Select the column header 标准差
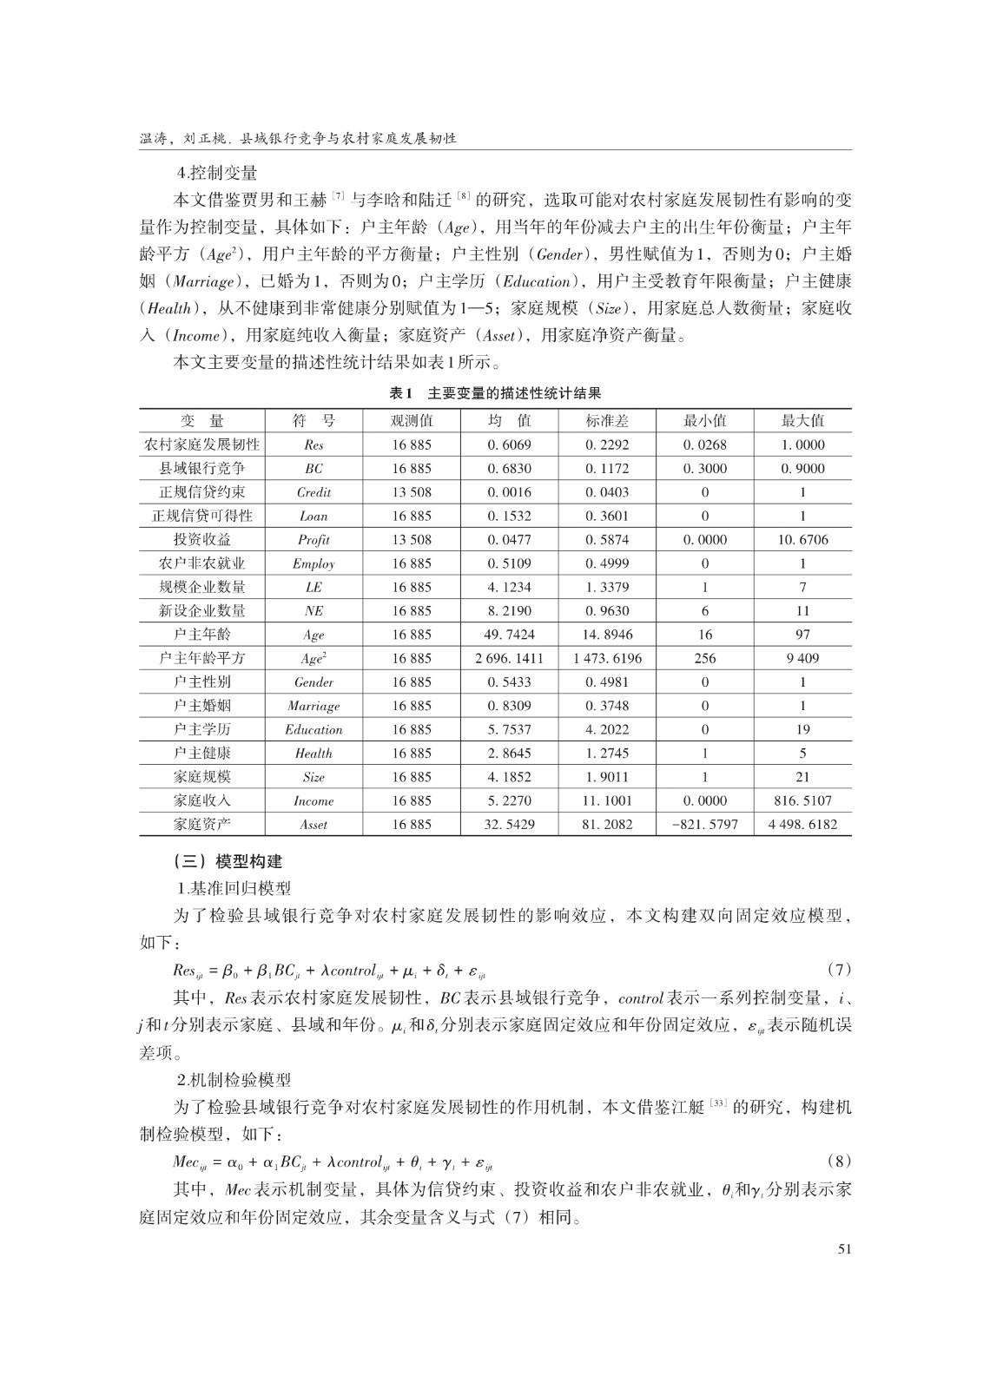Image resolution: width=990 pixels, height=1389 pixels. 607,421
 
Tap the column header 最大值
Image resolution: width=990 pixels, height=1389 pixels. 802,421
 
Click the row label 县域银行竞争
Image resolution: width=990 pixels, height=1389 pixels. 201,469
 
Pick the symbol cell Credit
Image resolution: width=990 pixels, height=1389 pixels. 313,492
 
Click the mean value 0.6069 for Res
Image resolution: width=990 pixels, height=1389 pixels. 509,444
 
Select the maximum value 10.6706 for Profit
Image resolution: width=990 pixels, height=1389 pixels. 802,540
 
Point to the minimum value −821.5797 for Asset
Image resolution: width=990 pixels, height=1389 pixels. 704,825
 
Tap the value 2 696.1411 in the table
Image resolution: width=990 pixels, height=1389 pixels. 509,658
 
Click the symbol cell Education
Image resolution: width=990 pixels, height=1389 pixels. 313,730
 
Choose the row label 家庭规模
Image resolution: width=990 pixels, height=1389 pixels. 201,777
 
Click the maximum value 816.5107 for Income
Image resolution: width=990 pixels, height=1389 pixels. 802,800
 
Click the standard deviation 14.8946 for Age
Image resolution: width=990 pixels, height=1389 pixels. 607,635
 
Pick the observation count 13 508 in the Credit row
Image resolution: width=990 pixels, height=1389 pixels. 412,492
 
